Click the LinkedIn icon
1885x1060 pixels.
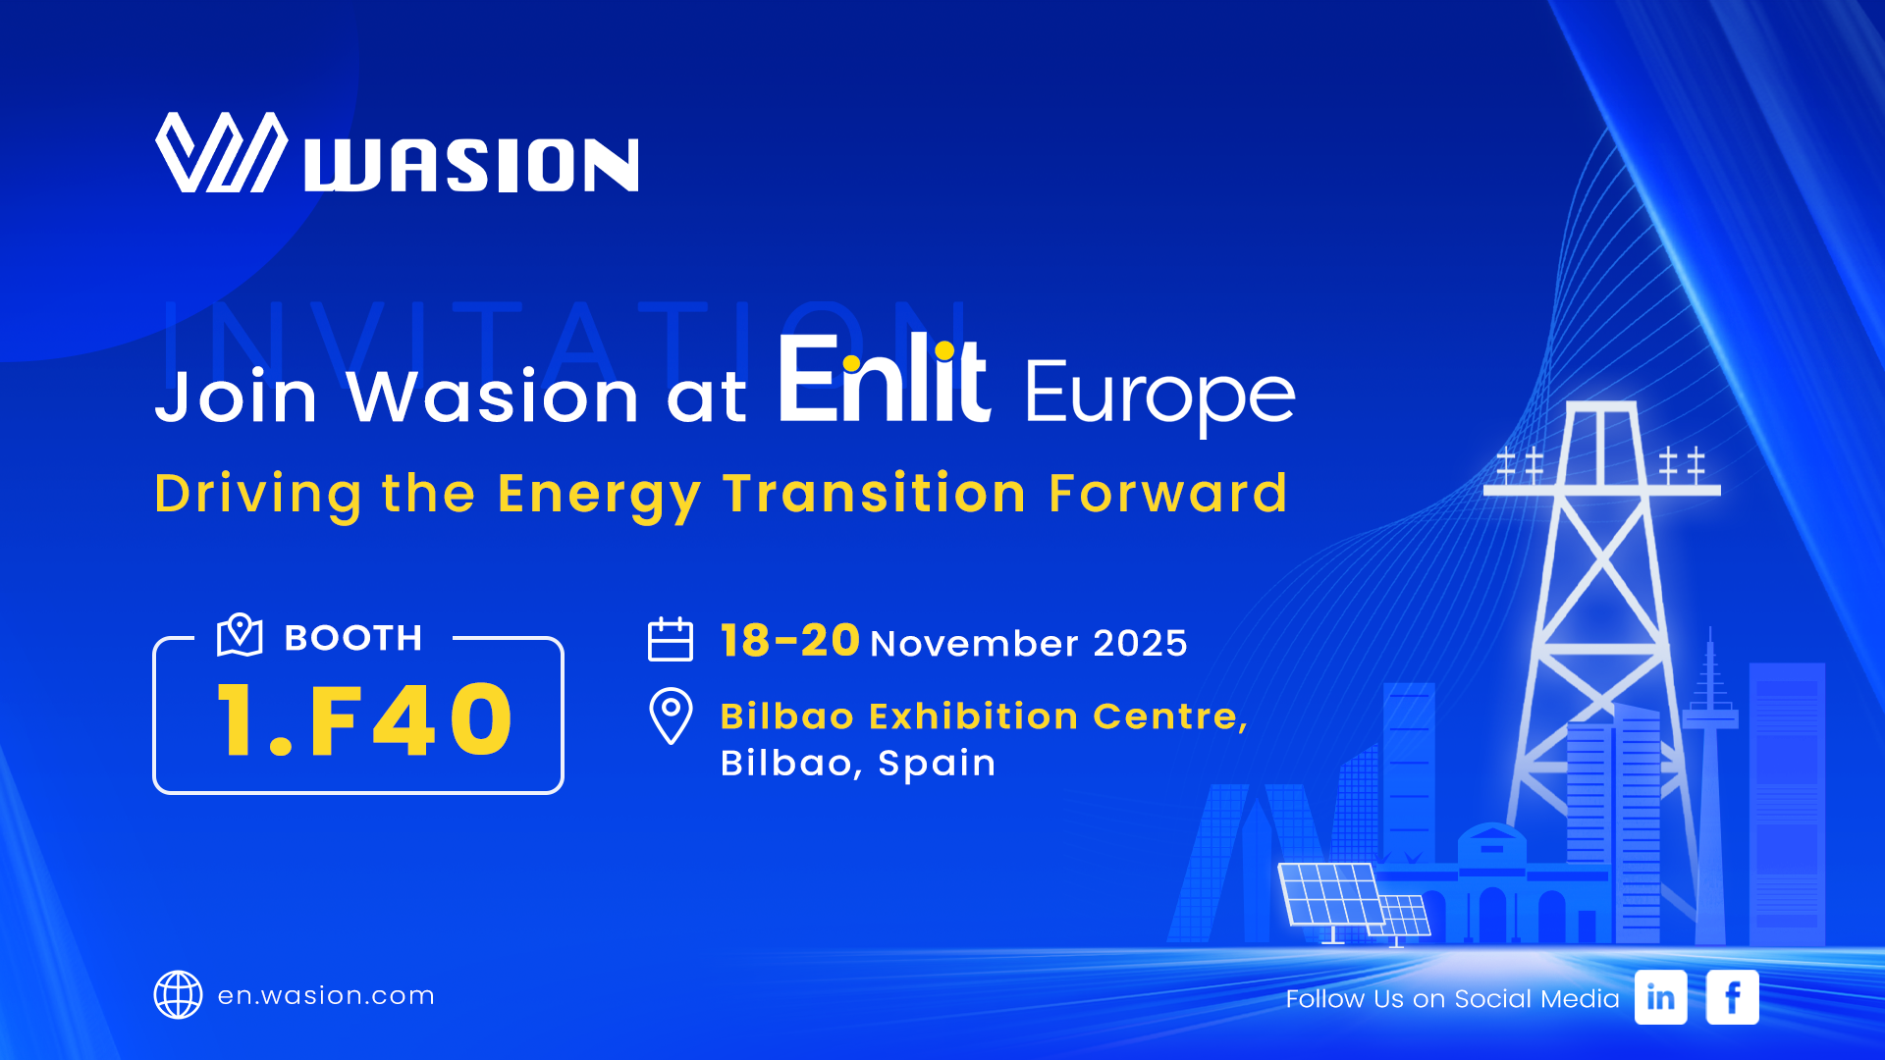[x=1660, y=997]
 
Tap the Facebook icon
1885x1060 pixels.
[x=1732, y=997]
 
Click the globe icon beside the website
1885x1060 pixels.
[x=178, y=995]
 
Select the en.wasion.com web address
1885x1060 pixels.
[x=326, y=995]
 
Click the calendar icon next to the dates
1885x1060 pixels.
[x=671, y=639]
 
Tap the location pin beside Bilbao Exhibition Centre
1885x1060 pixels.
[x=671, y=716]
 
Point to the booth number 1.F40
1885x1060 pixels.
[x=364, y=721]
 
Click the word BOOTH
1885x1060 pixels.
[x=353, y=638]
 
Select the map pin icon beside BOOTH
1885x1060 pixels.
[x=240, y=635]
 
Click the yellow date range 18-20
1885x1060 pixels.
[x=790, y=641]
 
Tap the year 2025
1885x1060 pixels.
[x=1140, y=644]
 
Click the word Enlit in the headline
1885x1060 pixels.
[x=884, y=379]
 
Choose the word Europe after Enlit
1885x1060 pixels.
[x=1160, y=396]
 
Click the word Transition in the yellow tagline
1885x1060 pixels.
[x=875, y=493]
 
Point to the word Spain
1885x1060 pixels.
[x=937, y=764]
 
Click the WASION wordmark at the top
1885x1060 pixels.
[x=471, y=164]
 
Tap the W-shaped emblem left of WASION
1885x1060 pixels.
[x=222, y=152]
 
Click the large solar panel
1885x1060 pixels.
[x=1332, y=895]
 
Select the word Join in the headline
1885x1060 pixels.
[x=237, y=397]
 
